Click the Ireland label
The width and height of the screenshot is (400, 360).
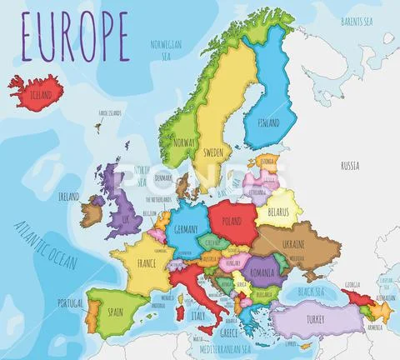coord(69,197)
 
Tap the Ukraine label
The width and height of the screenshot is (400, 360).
coord(292,243)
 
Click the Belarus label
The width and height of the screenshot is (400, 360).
coord(278,213)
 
